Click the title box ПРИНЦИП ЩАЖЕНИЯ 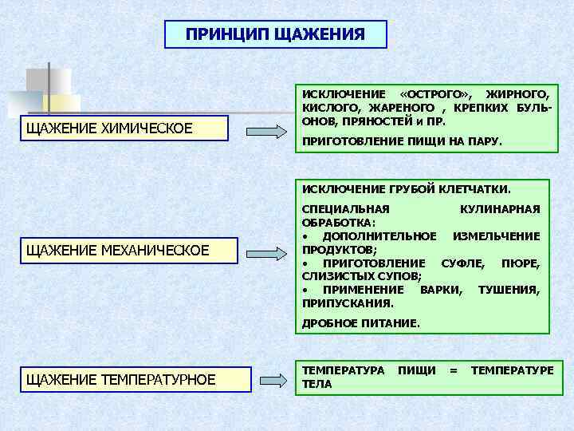pos(275,34)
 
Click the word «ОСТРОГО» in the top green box pos(437,95)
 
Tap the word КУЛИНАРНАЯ pos(500,209)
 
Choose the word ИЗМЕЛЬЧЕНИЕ pos(496,236)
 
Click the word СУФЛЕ pos(462,263)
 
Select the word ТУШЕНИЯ pos(508,290)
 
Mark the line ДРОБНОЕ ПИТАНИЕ pos(360,323)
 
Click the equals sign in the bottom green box pos(453,370)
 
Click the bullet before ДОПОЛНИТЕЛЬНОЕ pos(305,237)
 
